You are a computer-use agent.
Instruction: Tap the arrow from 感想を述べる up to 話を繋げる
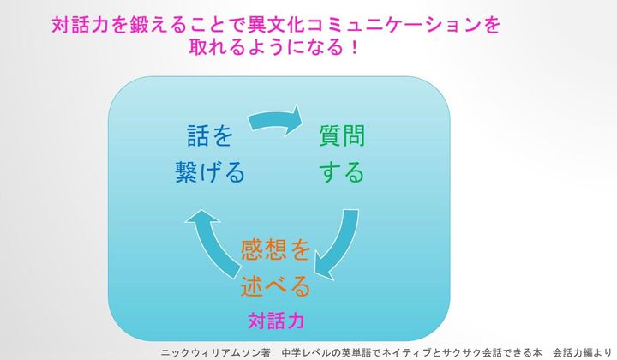coord(213,239)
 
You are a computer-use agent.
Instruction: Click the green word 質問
coord(342,135)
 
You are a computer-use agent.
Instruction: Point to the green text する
coord(342,172)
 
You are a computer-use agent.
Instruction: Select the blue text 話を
coord(210,135)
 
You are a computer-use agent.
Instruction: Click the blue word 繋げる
coord(210,172)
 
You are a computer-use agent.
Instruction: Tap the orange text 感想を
coord(275,249)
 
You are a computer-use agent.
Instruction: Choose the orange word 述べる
coord(275,285)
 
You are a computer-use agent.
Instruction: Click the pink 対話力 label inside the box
coord(276,321)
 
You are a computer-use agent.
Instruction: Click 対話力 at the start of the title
coord(80,25)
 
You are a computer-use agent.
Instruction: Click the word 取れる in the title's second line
coord(218,47)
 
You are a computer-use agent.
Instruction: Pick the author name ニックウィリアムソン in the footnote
coord(211,352)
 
